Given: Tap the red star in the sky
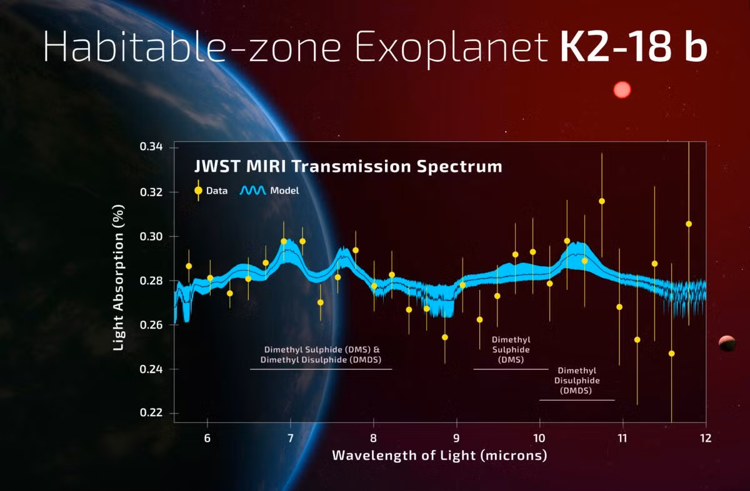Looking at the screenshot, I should tap(622, 90).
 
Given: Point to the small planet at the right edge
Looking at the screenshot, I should tap(727, 343).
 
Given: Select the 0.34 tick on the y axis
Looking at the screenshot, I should tap(151, 147).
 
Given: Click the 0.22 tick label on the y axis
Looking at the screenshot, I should tap(151, 414).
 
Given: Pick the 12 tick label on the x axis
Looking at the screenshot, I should tap(706, 437).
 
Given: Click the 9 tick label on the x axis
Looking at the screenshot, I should tap(456, 437).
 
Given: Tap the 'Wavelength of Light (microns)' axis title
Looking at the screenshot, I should tap(439, 455).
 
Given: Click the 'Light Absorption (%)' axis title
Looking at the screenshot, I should tap(119, 280).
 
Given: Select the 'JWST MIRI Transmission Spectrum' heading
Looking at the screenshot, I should tap(346, 167).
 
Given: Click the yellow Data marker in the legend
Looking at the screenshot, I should tap(199, 190).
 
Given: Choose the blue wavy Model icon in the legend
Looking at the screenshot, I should tap(253, 190).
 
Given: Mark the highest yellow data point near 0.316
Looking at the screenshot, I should tap(602, 201).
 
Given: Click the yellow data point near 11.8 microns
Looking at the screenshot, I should tap(689, 224).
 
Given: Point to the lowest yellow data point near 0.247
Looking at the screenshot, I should tap(672, 354).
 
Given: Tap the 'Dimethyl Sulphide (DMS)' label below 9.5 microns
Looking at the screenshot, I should tap(511, 350).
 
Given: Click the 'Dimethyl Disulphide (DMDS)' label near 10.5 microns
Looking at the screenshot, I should tap(577, 380).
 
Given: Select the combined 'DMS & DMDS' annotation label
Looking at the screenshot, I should tap(322, 355).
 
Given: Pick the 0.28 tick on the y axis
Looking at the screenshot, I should tap(151, 280).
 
